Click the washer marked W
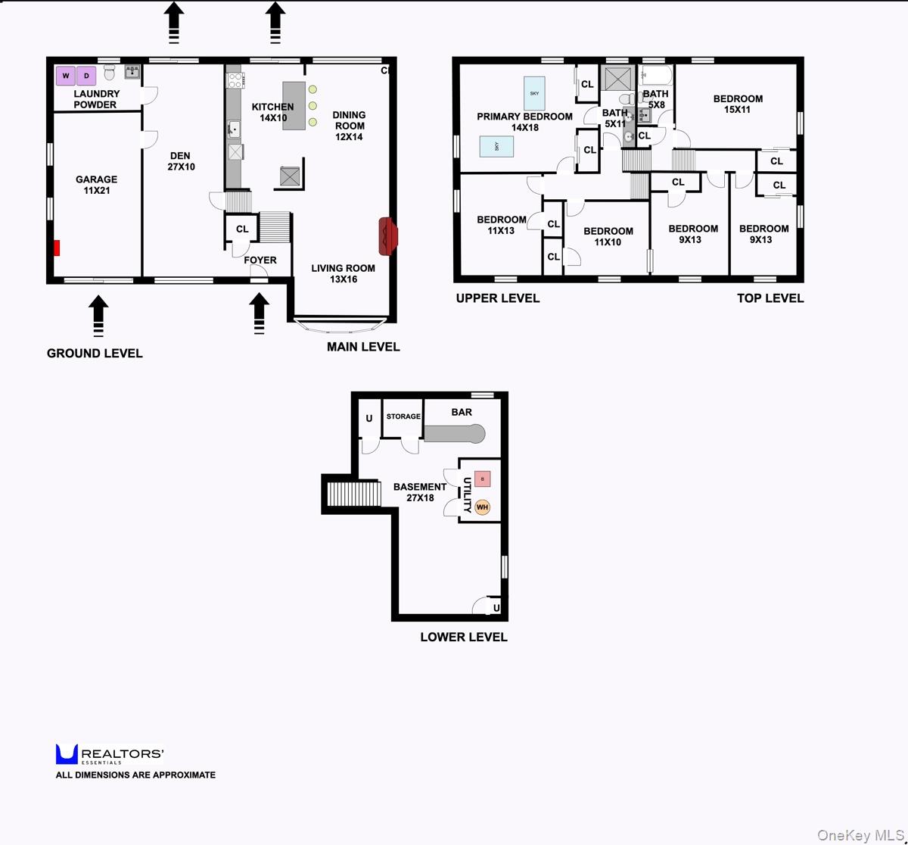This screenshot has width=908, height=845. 65,76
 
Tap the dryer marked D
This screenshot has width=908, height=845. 86,76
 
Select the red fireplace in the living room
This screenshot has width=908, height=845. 388,236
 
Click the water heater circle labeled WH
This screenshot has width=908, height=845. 482,507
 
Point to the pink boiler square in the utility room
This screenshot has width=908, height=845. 482,479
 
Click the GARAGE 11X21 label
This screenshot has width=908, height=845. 96,185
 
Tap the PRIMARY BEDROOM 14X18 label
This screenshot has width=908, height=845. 524,122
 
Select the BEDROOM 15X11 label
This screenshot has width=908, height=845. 738,104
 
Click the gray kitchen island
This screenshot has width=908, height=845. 294,106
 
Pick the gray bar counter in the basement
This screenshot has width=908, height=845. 455,433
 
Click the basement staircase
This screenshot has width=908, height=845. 354,494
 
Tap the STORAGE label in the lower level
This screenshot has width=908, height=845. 403,416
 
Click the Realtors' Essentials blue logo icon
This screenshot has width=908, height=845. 67,754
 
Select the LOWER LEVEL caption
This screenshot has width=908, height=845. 464,637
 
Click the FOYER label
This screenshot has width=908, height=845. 260,260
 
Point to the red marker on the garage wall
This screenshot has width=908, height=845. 57,248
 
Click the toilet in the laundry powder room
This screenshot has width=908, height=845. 109,72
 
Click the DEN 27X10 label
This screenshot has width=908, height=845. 181,161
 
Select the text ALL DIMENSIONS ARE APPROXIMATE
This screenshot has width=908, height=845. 135,775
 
